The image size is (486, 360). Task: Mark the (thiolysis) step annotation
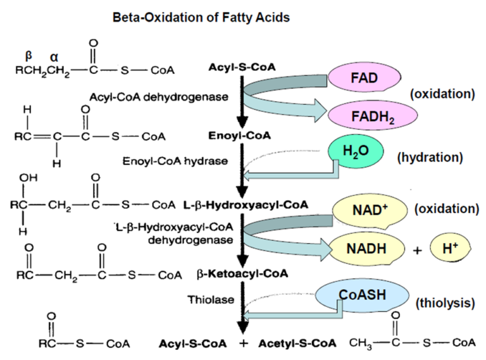pos(443,303)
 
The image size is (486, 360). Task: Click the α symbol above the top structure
pos(54,57)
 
